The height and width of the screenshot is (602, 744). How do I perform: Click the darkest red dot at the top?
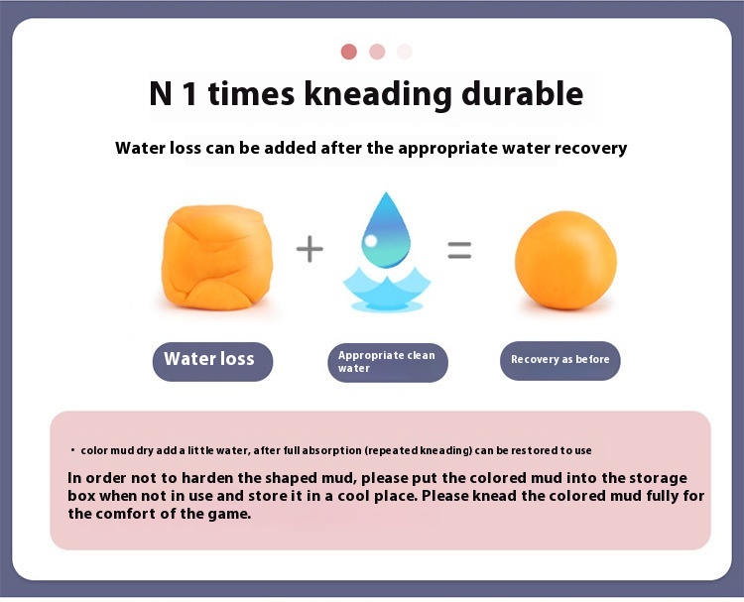[x=349, y=52]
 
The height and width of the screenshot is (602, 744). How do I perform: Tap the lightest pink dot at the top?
[x=405, y=52]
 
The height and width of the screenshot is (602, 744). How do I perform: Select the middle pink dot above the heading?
[x=377, y=52]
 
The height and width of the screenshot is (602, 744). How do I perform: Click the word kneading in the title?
[x=378, y=94]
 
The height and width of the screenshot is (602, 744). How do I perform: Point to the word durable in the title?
[x=523, y=93]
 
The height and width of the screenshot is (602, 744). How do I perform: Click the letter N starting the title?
[x=161, y=93]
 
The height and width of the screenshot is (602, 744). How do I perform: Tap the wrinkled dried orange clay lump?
[x=217, y=258]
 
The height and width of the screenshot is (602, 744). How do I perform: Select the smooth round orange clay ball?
[x=565, y=260]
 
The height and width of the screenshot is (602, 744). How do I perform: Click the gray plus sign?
[x=310, y=249]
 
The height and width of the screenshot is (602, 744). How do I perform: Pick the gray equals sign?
[x=459, y=250]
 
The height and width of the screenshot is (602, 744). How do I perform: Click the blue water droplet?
[x=386, y=230]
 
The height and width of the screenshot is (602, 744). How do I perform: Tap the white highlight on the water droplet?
[x=371, y=241]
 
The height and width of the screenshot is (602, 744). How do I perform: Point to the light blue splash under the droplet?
[x=387, y=290]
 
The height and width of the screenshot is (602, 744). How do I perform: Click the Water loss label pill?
[x=212, y=361]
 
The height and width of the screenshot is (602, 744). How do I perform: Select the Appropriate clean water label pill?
[x=388, y=362]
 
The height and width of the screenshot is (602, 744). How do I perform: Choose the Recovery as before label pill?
[x=559, y=361]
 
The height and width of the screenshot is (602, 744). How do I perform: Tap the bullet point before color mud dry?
[x=72, y=449]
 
